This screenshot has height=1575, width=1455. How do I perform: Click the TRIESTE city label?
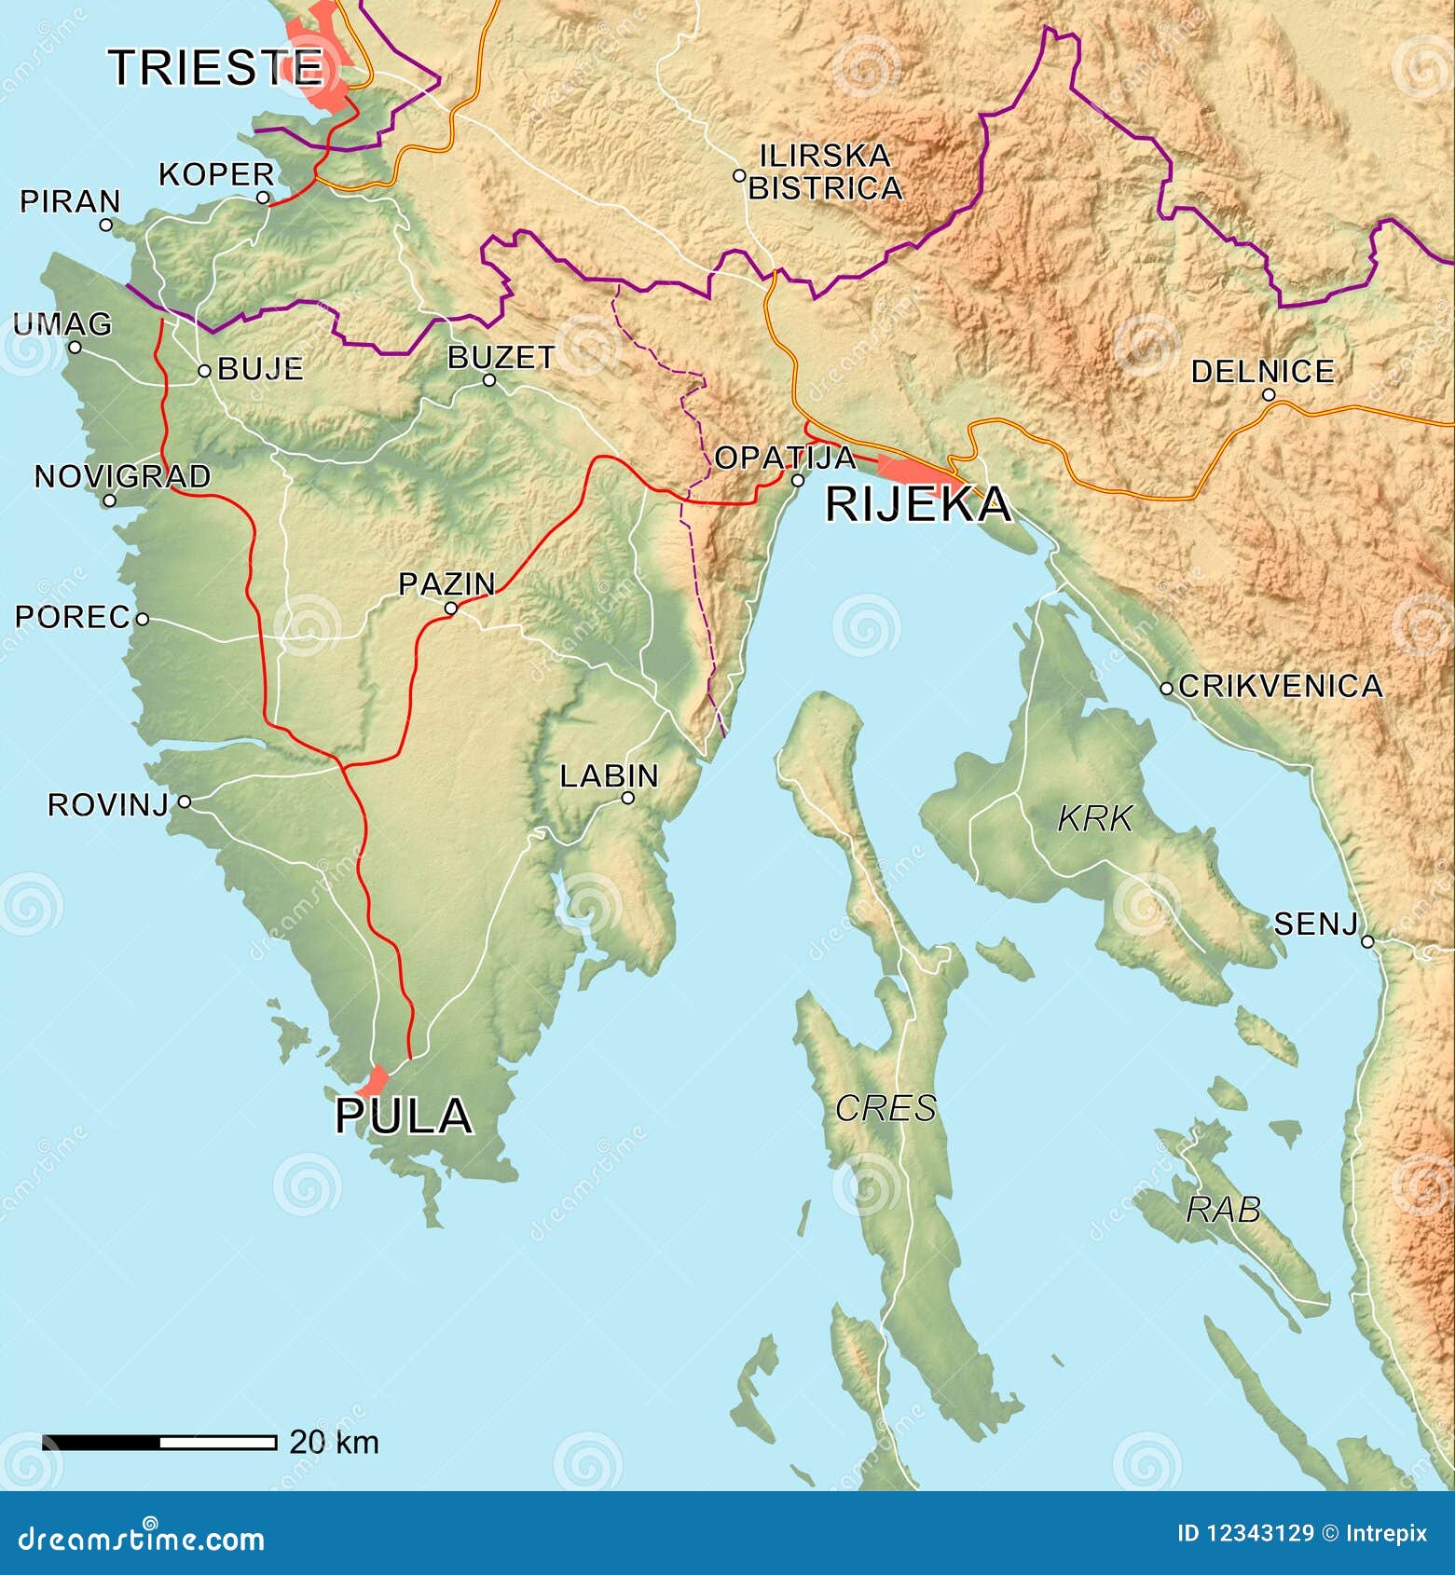[x=215, y=67]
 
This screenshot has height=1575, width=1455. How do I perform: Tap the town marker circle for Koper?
[x=263, y=198]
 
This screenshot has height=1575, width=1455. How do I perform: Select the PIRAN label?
[x=70, y=201]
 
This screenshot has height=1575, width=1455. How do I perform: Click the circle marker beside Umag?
[x=75, y=347]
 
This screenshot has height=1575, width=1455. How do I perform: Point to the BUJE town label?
[x=260, y=369]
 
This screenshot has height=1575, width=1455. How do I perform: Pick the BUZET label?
[x=501, y=358]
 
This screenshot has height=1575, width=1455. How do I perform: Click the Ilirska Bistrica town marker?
[x=738, y=175]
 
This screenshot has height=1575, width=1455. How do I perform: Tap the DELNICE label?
[x=1262, y=372]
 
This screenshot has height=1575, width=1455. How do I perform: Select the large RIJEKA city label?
[x=917, y=504]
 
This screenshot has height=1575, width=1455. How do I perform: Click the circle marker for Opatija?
[x=797, y=481]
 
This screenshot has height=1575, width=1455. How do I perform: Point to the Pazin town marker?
[x=450, y=609]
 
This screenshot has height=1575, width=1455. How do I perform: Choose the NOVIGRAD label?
[x=122, y=476]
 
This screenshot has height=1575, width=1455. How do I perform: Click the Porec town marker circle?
[x=143, y=618]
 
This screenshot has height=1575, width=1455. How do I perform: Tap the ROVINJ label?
[x=107, y=804]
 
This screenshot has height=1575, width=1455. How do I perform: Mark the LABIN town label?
[x=609, y=775]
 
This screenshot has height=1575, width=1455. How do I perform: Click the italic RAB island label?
[x=1223, y=1210]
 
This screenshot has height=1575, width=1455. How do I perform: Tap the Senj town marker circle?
[x=1367, y=941]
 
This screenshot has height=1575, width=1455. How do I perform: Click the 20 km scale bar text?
[x=334, y=1442]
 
